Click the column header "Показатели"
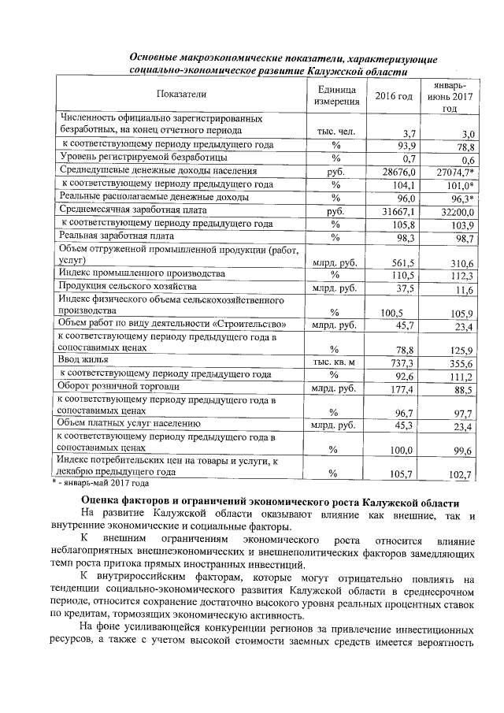[180, 95]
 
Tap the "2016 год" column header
[394, 96]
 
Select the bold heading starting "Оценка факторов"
[269, 503]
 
